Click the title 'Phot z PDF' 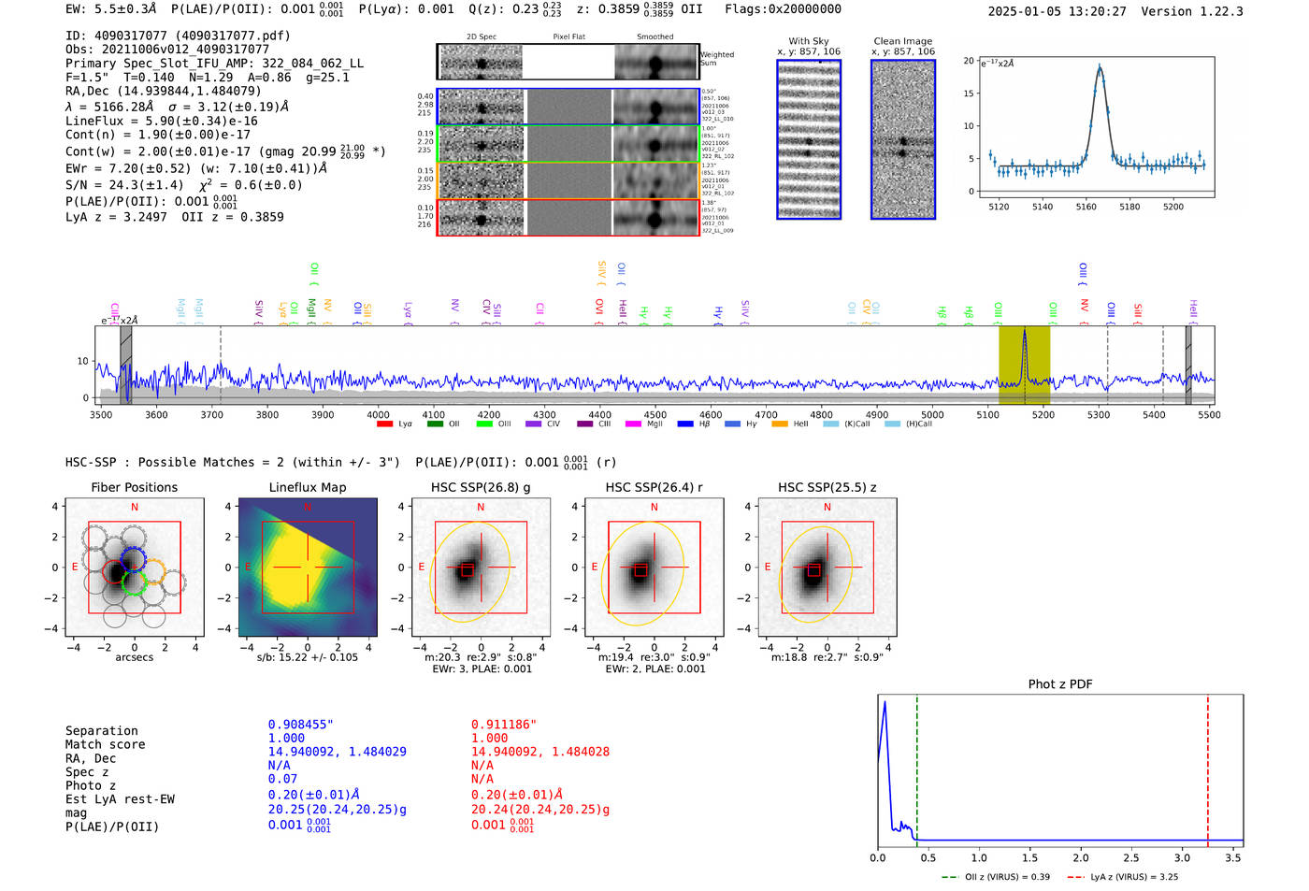click(1059, 684)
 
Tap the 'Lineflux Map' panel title click(308, 487)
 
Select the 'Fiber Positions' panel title click(134, 487)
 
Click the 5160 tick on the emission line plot click(1086, 207)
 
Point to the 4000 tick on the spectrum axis click(378, 414)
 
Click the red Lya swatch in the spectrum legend click(384, 424)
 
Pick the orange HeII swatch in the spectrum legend click(779, 424)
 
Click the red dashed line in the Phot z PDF click(1207, 767)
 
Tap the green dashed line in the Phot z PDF click(917, 767)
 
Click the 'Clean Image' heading click(902, 41)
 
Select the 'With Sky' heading click(808, 41)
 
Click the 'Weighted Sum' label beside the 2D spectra click(716, 59)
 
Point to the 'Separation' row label click(101, 731)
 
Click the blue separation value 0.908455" click(300, 725)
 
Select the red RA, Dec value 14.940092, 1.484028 click(539, 752)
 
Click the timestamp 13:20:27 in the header click(1094, 11)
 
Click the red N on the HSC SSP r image click(654, 507)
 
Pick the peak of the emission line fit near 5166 click(1100, 67)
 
